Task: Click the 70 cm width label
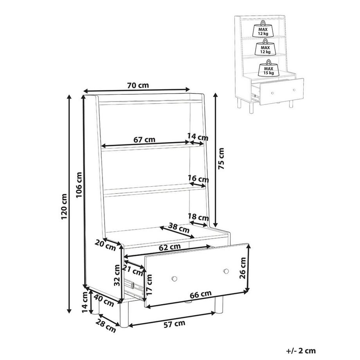tap(138, 85)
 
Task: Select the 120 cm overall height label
tap(64, 206)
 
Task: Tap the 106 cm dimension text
tap(79, 185)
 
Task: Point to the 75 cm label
tap(221, 159)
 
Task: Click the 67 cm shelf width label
tap(144, 139)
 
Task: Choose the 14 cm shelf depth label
tap(198, 137)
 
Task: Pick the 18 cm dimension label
tap(198, 217)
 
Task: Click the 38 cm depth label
tap(179, 227)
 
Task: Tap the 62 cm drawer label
tap(170, 247)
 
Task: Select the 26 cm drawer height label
tap(243, 268)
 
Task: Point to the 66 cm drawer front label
tap(200, 294)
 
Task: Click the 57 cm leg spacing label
tap(174, 324)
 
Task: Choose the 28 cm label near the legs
tap(106, 326)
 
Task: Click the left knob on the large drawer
tap(174, 279)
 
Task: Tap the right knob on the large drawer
tap(226, 271)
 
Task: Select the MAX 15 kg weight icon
tap(268, 68)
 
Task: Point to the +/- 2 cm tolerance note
tap(301, 351)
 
